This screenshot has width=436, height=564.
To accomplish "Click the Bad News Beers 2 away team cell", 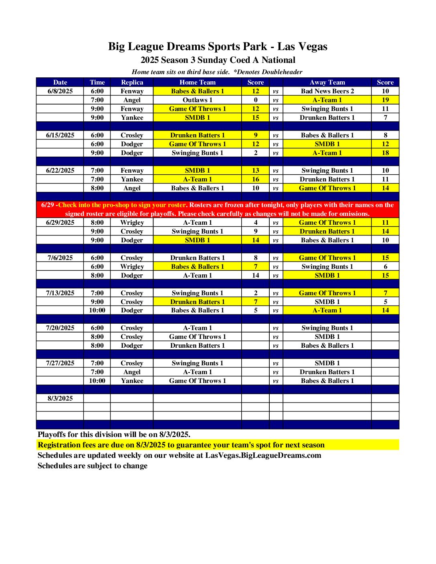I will coord(327,91).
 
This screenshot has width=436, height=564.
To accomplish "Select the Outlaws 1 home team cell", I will coord(197,100).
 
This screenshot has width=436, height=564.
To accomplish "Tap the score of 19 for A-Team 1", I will coord(385,100).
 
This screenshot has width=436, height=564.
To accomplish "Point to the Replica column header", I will coord(132,83).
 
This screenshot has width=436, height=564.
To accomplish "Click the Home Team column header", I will coord(197,83).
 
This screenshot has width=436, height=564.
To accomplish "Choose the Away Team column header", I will coord(327,83).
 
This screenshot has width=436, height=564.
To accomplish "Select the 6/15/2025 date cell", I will coord(60,135).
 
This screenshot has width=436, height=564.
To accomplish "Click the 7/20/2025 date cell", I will coord(60,328).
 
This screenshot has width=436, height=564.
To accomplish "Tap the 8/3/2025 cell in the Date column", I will coord(60,399).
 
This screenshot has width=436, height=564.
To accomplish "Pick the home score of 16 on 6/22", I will coord(256,179).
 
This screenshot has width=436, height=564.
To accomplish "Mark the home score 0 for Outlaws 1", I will coord(256,100).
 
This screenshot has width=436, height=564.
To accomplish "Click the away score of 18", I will coord(385,153).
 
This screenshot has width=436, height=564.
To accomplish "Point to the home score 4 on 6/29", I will coord(256,223).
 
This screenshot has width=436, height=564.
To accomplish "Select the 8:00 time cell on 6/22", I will coord(97,188).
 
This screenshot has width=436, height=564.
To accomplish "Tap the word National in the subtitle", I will coord(278,60).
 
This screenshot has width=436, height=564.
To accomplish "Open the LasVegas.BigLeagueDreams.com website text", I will coord(263,455).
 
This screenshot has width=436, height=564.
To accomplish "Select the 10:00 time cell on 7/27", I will coord(97,381).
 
